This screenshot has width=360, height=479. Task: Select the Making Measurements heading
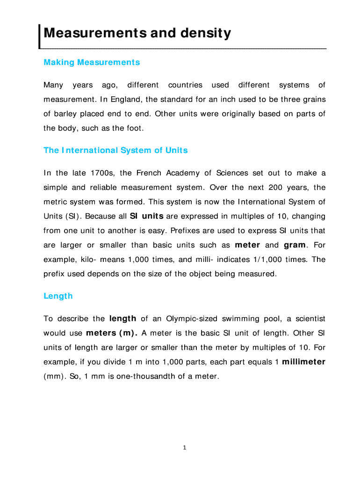pos(92,62)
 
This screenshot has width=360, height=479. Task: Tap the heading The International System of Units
pos(115,150)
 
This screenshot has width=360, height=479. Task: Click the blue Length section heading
pos(58,296)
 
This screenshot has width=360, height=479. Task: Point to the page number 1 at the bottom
pos(185,448)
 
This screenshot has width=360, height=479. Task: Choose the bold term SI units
pos(146,217)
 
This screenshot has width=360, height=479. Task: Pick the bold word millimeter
pos(304,362)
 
